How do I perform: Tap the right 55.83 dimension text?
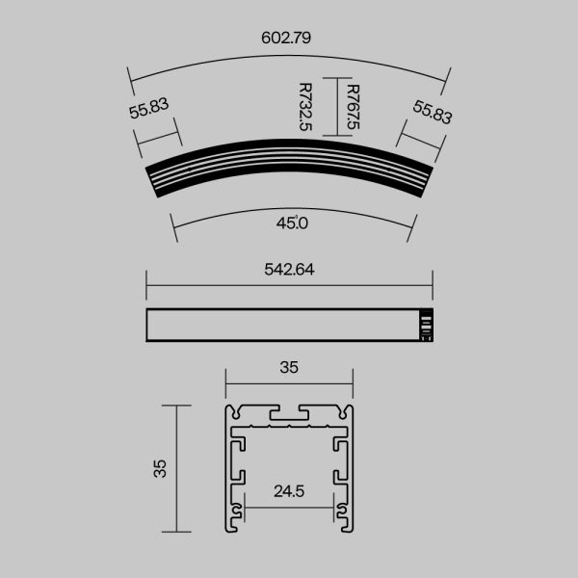click(x=433, y=111)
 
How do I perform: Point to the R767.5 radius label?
click(x=353, y=107)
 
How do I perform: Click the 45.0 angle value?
click(x=291, y=223)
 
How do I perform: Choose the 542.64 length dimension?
click(x=289, y=270)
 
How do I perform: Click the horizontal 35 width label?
click(x=289, y=367)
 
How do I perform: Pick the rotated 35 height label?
click(x=161, y=468)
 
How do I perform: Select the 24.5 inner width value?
click(x=289, y=491)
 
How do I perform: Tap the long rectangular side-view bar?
click(x=279, y=325)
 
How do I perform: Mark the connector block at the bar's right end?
click(x=424, y=325)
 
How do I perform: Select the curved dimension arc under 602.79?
click(x=289, y=55)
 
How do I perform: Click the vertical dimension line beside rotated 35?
click(x=175, y=468)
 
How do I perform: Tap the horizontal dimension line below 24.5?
click(x=289, y=505)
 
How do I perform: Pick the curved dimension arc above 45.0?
click(x=289, y=205)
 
